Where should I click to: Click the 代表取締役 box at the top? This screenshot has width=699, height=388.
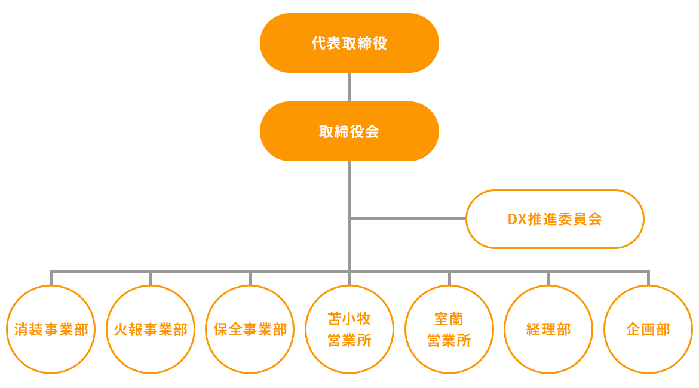(x=349, y=43)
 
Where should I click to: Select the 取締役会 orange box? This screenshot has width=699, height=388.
(x=349, y=131)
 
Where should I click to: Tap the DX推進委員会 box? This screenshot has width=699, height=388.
(x=554, y=219)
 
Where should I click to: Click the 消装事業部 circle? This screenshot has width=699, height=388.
(x=51, y=330)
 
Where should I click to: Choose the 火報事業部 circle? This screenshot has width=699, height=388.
(x=151, y=330)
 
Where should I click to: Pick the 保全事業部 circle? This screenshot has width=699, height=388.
(x=250, y=330)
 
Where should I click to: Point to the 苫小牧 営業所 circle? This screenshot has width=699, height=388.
(x=349, y=330)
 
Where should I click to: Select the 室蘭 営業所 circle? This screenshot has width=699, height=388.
(x=449, y=330)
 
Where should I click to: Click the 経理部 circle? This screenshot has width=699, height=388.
(x=548, y=330)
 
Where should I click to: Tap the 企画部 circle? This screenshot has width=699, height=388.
(x=648, y=330)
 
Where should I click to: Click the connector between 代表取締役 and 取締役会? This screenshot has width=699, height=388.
(x=349, y=87)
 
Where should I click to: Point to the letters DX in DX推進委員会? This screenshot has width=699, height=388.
(x=516, y=219)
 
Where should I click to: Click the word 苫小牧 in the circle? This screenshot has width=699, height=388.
(x=349, y=318)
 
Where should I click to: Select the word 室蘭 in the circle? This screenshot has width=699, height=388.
(x=449, y=318)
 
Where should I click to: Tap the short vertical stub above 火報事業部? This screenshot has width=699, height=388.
(x=151, y=278)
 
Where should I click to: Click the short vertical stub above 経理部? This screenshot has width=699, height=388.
(x=548, y=278)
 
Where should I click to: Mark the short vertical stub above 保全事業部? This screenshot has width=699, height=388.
(x=250, y=278)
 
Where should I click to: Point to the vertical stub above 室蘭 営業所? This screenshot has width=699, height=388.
(x=449, y=278)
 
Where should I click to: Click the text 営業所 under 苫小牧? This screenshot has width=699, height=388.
(x=349, y=341)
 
